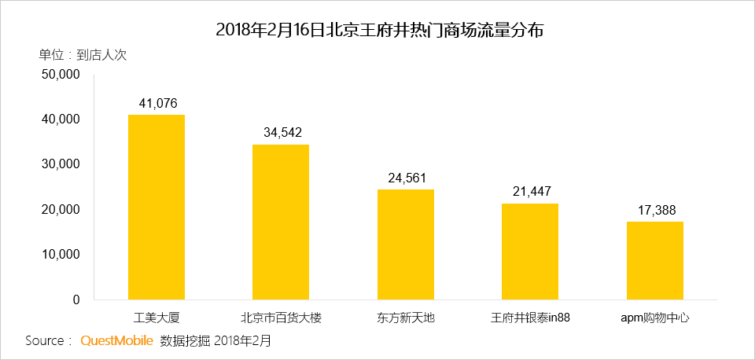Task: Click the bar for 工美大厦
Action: [157, 207]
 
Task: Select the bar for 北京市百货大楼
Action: [281, 222]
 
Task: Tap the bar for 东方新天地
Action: [406, 244]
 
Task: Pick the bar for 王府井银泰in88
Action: [530, 252]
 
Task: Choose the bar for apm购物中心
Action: [655, 260]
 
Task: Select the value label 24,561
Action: [407, 178]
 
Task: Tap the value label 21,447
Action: [531, 192]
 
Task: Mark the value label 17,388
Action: [656, 210]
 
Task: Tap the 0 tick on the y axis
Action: [76, 299]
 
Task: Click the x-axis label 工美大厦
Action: [157, 318]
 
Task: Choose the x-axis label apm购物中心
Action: [655, 318]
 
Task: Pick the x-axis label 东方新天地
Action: [406, 318]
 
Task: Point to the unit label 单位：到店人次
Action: [83, 55]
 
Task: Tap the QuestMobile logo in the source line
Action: [116, 341]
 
